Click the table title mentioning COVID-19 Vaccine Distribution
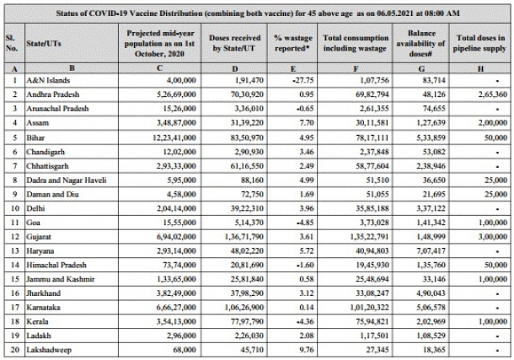point(257,13)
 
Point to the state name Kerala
point(41,320)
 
